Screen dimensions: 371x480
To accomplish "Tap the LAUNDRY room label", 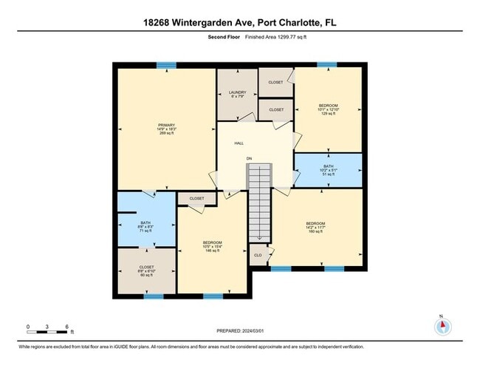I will pos(236,95).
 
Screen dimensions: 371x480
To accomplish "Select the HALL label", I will pos(239,143).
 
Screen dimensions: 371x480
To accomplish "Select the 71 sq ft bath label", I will pos(145,226).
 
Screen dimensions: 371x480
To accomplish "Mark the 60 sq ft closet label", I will pos(145,270).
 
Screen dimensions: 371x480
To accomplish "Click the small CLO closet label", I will pos(258,255).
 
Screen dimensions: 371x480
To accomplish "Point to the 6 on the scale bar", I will pos(66,326).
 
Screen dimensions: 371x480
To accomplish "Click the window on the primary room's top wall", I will pos(166,66).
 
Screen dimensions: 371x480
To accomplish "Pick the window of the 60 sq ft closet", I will pos(154,296).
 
